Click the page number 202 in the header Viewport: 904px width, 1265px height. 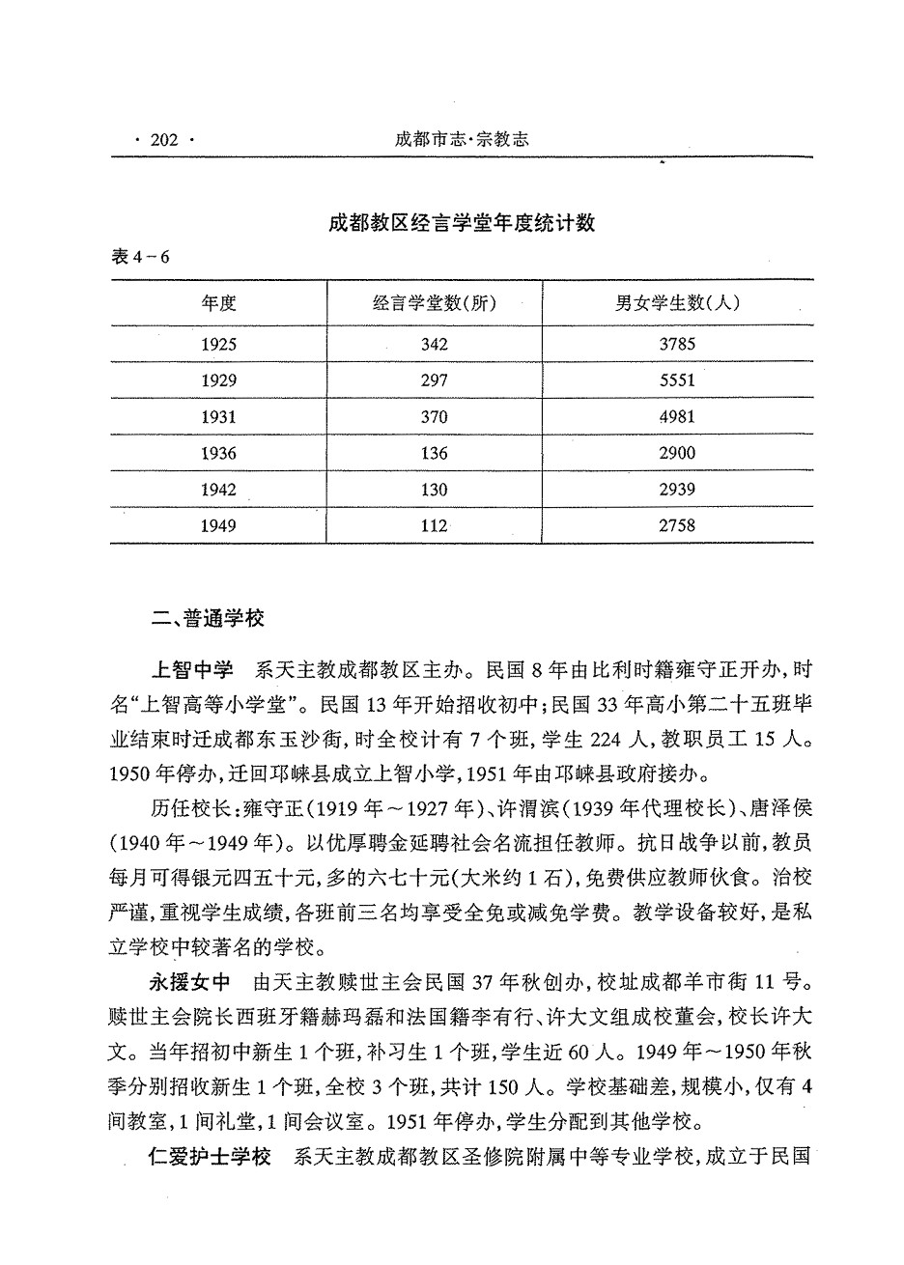[x=165, y=141]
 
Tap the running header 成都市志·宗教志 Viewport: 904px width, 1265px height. [x=462, y=140]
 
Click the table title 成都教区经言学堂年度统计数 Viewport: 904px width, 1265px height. [x=461, y=224]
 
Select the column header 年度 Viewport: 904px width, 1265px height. [x=218, y=303]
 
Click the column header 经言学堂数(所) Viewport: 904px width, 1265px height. [x=435, y=303]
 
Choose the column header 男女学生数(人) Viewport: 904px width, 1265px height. [x=678, y=303]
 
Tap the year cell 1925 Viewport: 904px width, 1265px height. [x=218, y=344]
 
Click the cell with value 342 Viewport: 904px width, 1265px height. [x=435, y=344]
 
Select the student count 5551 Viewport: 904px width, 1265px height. [x=678, y=380]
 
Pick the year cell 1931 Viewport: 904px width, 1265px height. [x=218, y=416]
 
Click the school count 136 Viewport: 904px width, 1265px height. [x=435, y=453]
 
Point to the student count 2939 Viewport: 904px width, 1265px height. [x=678, y=490]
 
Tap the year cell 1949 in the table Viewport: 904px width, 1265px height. [x=218, y=526]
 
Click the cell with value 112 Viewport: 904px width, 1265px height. [x=435, y=526]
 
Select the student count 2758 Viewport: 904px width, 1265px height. [x=678, y=526]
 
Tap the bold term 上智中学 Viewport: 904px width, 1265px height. [x=192, y=668]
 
